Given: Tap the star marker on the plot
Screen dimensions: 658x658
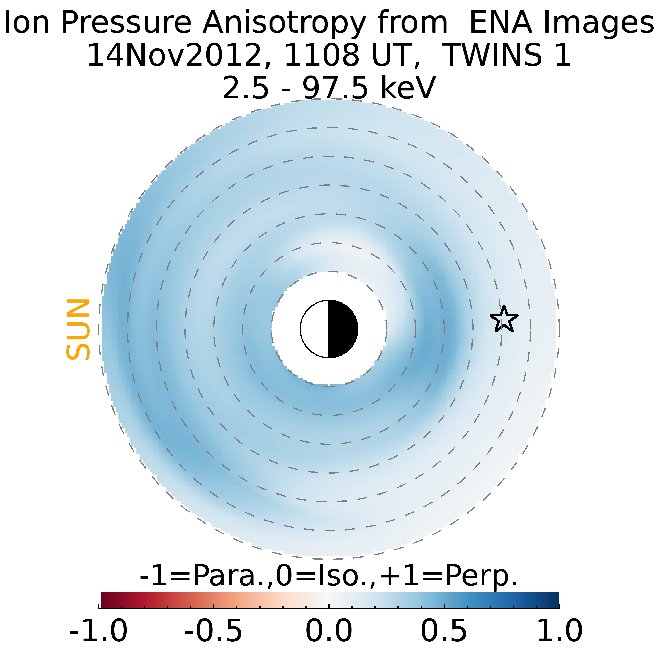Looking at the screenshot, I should [x=504, y=319].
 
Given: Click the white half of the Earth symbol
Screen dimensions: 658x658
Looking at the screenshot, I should [x=315, y=329].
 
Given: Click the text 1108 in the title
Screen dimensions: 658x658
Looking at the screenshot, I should [x=321, y=55].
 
